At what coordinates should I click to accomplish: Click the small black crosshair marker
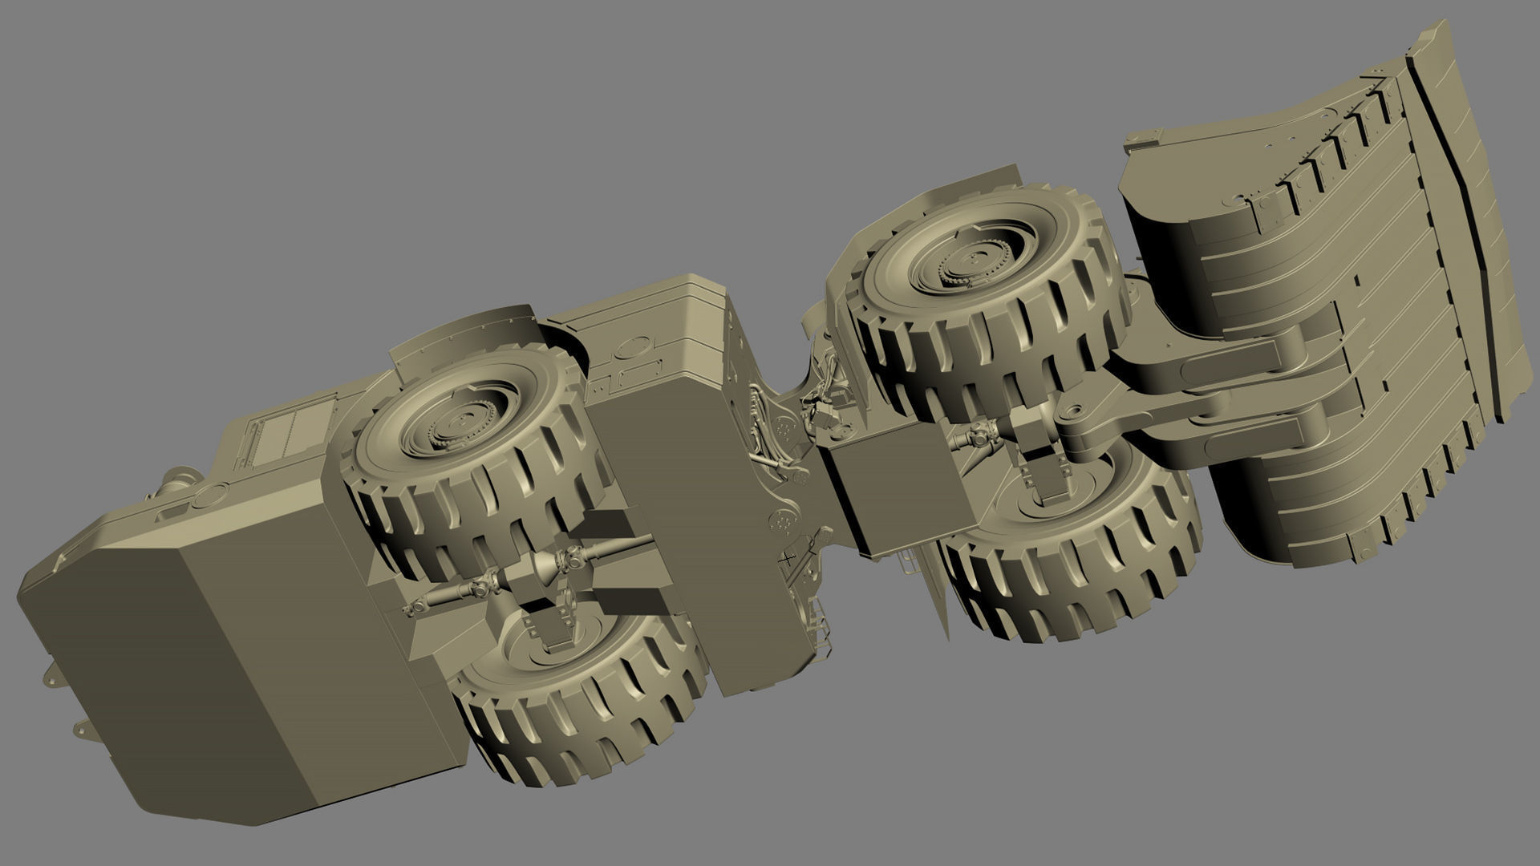tap(788, 556)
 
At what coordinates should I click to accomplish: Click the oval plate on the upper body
tap(634, 347)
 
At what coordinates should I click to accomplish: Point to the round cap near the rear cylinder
tap(209, 495)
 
